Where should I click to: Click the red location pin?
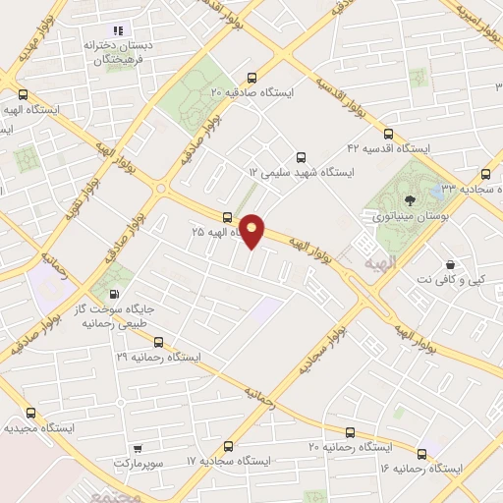tap(253, 230)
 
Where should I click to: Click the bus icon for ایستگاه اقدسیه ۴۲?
tap(388, 134)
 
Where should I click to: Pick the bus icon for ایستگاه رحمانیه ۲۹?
tap(158, 342)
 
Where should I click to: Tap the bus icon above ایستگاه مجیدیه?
tap(30, 414)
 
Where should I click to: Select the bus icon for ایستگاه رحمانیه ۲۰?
tap(351, 432)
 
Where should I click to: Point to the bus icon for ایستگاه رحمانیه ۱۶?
tap(422, 453)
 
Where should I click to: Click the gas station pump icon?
tap(116, 293)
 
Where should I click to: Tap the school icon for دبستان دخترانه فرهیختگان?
tap(120, 31)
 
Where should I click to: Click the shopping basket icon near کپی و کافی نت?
tap(449, 264)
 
